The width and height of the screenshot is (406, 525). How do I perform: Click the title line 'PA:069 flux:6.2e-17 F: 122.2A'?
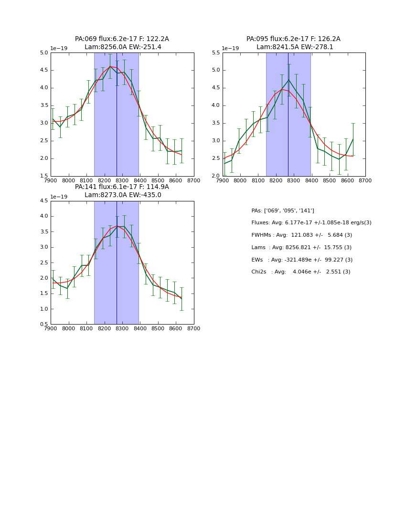tap(122, 39)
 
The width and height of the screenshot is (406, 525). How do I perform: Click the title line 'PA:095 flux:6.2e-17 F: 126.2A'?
tap(293, 39)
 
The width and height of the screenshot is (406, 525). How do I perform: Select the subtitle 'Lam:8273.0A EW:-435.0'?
tap(123, 195)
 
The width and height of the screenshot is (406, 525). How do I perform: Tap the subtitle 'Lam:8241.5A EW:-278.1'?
tap(295, 47)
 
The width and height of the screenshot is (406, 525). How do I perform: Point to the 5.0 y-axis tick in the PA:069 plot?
tap(44, 53)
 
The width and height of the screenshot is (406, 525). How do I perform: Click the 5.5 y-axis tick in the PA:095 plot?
tap(216, 53)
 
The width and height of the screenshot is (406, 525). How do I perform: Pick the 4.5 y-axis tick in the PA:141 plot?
tap(44, 201)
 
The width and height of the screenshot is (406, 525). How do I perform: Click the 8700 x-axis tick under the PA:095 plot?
tap(365, 180)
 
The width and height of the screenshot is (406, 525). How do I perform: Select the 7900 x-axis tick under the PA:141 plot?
tap(51, 329)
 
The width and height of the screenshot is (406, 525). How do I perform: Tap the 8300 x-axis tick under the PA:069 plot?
tap(122, 180)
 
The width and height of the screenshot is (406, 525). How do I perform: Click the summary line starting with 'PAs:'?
tap(282, 210)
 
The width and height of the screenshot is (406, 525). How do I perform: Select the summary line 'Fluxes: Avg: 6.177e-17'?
tap(311, 223)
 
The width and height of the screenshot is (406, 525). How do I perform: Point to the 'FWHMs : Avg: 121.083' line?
tap(301, 235)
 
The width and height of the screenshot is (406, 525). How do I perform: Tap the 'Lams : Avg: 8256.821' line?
tap(301, 247)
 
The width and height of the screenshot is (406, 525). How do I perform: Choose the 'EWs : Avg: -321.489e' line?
tap(302, 260)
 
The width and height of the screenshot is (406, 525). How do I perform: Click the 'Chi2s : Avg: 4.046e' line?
tap(301, 272)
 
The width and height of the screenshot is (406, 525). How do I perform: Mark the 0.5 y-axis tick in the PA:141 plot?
tap(44, 325)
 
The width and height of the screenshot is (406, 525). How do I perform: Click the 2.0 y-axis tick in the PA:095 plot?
tap(216, 176)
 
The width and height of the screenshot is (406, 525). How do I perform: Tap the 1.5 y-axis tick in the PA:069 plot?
tap(44, 176)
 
